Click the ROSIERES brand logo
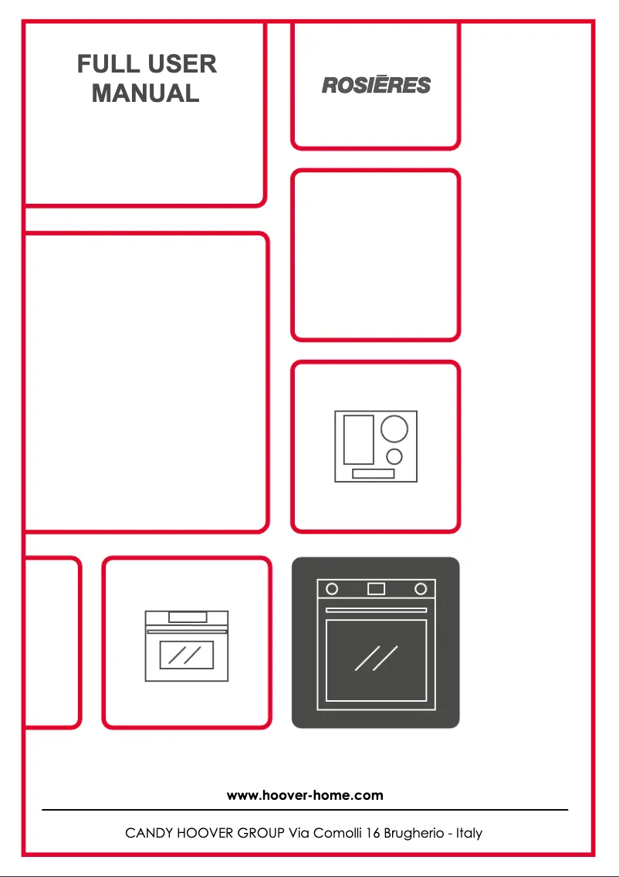click(376, 85)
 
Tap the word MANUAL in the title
click(145, 93)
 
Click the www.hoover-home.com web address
click(305, 794)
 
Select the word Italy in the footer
click(468, 833)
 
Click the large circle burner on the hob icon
click(394, 428)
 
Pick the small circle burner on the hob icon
click(394, 455)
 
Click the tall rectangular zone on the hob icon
click(358, 439)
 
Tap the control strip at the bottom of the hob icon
click(373, 473)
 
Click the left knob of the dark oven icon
click(332, 589)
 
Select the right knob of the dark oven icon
click(421, 589)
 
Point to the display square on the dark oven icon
click(376, 589)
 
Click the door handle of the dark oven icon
click(376, 610)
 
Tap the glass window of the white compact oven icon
click(186, 655)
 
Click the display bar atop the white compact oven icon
click(188, 616)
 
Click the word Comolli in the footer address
click(330, 833)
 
